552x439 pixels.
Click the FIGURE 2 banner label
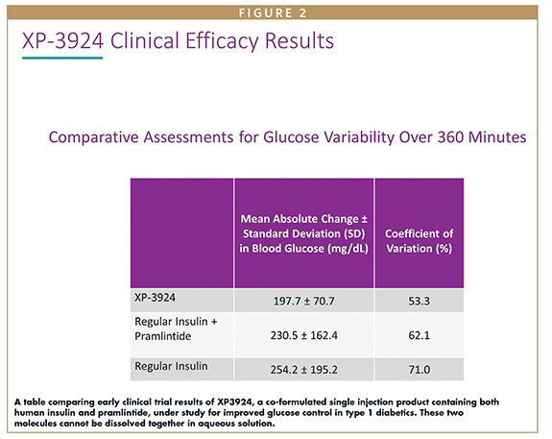273,13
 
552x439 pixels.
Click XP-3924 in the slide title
63,41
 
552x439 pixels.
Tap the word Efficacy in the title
223,42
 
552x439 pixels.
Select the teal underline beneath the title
62,58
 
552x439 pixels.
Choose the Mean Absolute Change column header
303,233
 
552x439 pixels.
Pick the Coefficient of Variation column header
419,241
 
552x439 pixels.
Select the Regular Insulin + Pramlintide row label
176,329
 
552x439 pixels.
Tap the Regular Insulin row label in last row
171,366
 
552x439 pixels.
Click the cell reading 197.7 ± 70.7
303,302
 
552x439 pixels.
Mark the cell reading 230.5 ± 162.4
303,335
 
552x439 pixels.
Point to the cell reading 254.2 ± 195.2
303,370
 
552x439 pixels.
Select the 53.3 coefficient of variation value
419,302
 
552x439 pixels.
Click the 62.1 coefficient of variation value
419,335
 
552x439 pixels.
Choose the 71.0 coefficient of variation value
419,370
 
